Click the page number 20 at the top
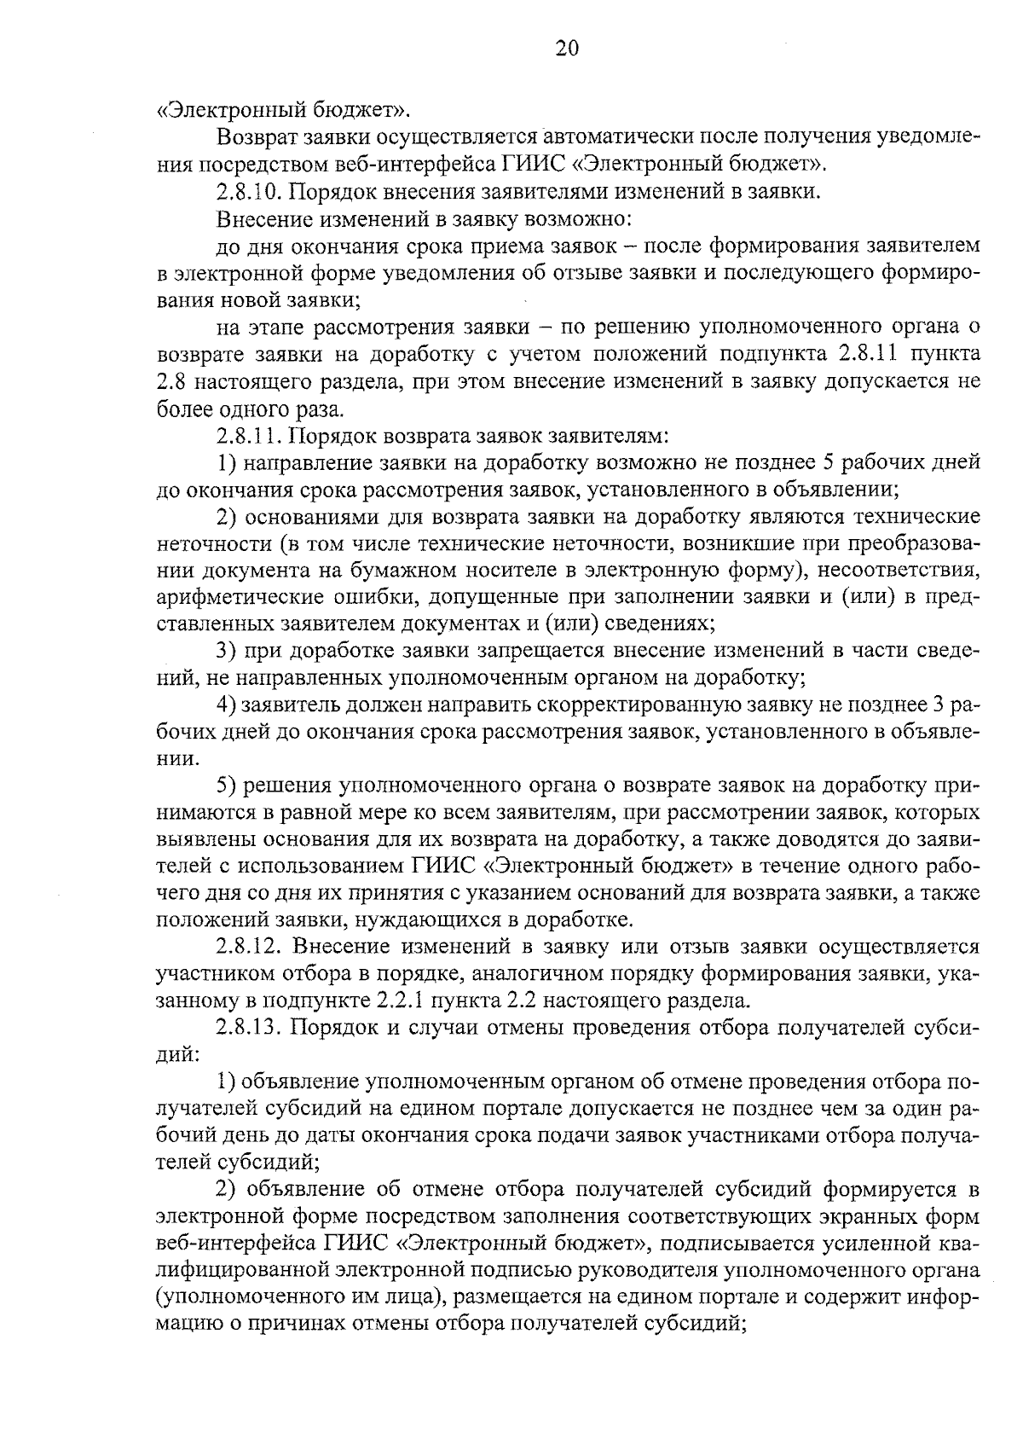click(566, 48)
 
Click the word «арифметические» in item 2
click(225, 597)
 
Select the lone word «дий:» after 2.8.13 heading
click(178, 1054)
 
